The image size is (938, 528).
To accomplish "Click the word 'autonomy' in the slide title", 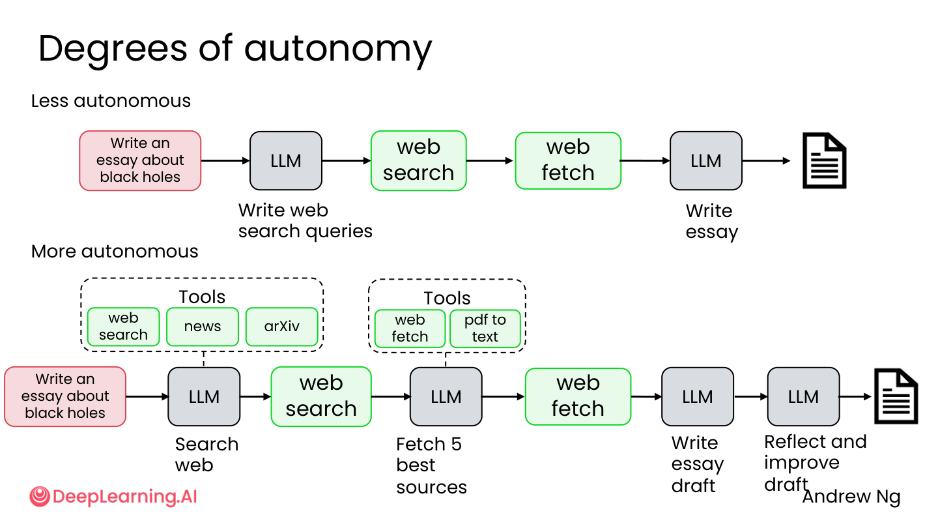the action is tap(338, 50).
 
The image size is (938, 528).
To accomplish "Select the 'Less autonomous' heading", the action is tap(111, 101).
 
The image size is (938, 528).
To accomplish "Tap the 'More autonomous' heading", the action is tap(115, 252).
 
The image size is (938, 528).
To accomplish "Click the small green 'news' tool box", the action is tap(203, 327).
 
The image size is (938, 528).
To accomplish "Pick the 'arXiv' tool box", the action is tap(282, 327).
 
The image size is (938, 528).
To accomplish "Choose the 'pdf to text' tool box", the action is tap(485, 329).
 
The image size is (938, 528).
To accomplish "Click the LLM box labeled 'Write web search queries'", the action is tap(286, 161).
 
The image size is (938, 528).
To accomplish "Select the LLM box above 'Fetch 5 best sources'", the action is tap(446, 397).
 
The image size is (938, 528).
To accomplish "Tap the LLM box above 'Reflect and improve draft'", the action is tap(804, 397).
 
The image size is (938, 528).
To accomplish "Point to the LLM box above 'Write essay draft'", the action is tap(698, 397).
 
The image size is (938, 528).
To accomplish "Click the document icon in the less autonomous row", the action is tap(824, 160).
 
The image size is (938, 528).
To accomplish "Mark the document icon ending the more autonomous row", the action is tap(896, 396).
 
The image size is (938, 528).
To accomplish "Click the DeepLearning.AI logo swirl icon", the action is tap(40, 497).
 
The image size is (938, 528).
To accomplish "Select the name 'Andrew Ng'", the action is tap(851, 497).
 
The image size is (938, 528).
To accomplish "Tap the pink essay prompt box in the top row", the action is tap(140, 160).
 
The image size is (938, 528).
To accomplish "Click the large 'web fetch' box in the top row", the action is tap(568, 160).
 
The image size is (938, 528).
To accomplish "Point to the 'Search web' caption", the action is tap(206, 455).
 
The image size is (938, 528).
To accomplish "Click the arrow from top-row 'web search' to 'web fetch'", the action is tap(490, 160).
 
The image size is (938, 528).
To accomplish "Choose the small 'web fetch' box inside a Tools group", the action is tap(410, 329).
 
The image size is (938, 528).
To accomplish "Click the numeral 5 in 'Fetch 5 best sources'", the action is tap(457, 444).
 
